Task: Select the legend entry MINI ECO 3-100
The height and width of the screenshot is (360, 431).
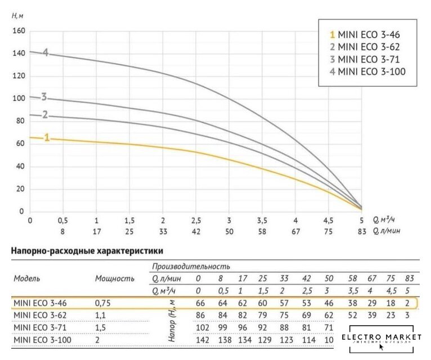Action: click(367, 71)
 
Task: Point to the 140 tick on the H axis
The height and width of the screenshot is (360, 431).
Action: click(19, 53)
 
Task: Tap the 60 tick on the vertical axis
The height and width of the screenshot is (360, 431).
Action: click(20, 143)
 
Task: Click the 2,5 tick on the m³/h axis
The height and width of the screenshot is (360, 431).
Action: click(196, 220)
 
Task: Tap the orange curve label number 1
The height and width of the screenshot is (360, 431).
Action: click(47, 137)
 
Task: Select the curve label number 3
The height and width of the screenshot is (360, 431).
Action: click(43, 97)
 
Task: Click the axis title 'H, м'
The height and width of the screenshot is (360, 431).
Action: click(18, 15)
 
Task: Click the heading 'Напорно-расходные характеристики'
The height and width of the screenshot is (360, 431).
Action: click(87, 251)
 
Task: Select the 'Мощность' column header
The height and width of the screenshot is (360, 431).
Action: click(114, 278)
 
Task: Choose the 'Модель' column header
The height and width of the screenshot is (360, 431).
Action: click(26, 278)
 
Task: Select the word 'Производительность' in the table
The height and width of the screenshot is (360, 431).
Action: click(190, 266)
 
